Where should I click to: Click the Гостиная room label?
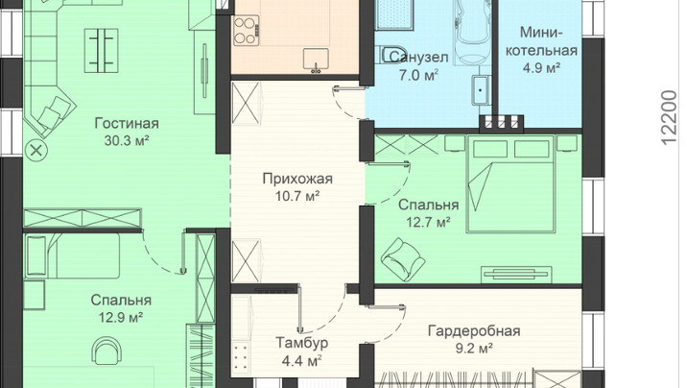(x=127, y=124)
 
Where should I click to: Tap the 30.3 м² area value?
(x=127, y=141)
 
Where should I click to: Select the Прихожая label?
(x=297, y=179)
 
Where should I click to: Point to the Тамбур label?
(x=301, y=343)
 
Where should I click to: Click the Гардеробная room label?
(x=474, y=330)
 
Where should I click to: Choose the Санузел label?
(x=419, y=58)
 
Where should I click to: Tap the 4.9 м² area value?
(x=542, y=68)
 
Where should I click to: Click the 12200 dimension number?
(x=669, y=117)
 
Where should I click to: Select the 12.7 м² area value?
(x=429, y=223)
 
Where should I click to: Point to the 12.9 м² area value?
(x=121, y=318)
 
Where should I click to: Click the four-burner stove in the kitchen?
(x=246, y=31)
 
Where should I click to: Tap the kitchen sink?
(x=316, y=60)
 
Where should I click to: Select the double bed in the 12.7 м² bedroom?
(x=510, y=184)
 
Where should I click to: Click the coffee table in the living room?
(x=102, y=50)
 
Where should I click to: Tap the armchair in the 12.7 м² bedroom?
(x=402, y=257)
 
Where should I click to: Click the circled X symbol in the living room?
(x=36, y=151)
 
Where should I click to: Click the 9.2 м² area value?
(x=474, y=349)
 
